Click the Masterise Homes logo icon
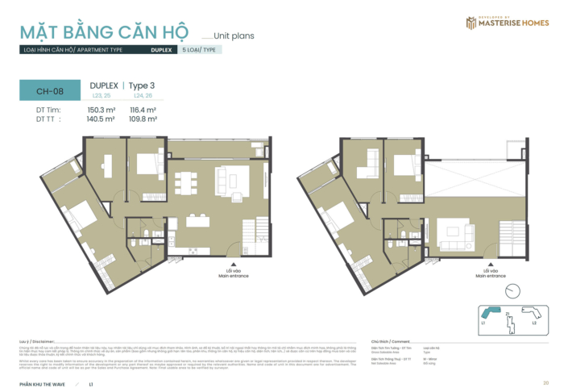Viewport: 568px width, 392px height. [472, 23]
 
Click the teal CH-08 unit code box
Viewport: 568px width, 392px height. [45, 91]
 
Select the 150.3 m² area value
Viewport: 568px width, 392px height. [102, 109]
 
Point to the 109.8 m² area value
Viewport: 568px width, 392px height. [143, 118]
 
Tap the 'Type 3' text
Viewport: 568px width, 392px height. [144, 85]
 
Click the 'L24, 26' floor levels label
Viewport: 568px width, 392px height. [143, 95]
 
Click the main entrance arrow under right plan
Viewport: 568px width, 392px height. [487, 263]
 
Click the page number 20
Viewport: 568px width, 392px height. [545, 382]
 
